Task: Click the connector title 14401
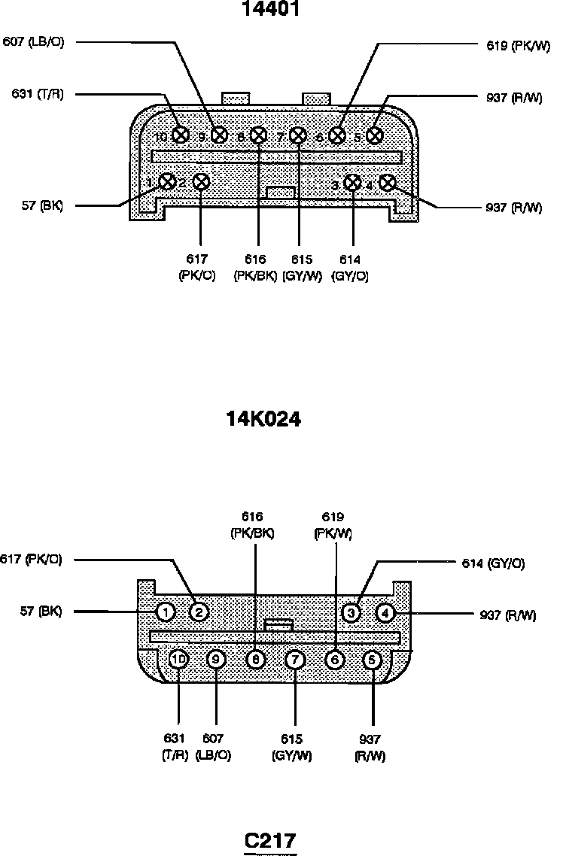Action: click(x=271, y=11)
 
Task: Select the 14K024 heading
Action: click(x=264, y=419)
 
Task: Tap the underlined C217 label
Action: click(x=270, y=839)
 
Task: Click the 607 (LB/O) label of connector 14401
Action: click(x=34, y=42)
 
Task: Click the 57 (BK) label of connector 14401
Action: click(x=41, y=206)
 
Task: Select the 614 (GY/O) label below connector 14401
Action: click(x=350, y=267)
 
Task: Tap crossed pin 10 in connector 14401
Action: click(x=180, y=135)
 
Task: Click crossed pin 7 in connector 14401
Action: click(x=298, y=136)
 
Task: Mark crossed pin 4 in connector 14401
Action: click(x=388, y=183)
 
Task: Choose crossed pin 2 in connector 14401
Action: click(x=201, y=182)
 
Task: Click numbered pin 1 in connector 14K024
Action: click(x=166, y=612)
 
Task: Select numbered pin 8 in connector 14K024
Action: click(x=256, y=660)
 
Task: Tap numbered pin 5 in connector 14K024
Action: click(x=372, y=660)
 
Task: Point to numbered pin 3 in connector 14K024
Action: click(x=351, y=612)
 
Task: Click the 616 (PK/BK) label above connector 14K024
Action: click(x=252, y=525)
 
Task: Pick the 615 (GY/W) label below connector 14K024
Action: click(x=292, y=748)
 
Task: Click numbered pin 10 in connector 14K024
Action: click(x=178, y=660)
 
